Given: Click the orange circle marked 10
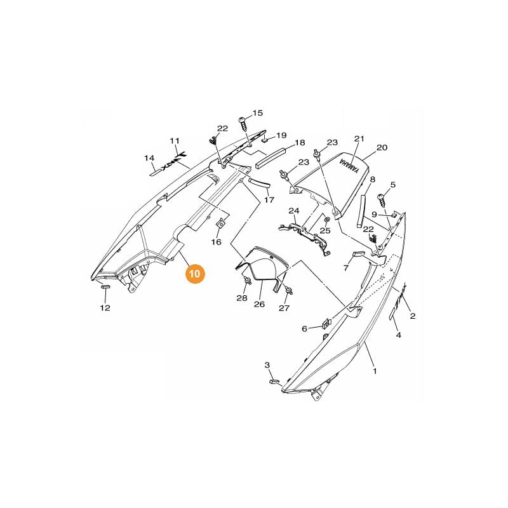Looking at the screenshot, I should pos(195,273).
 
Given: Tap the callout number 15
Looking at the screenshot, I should pos(257,113).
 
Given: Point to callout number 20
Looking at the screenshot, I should pos(382,147).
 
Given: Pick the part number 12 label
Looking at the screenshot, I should pos(105,308).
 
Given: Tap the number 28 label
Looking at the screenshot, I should pos(243,298).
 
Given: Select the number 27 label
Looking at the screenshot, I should pos(284,308).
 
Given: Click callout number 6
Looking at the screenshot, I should pos(304,328).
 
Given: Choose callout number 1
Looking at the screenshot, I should pos(375,371).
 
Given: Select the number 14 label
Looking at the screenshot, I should pos(149,157).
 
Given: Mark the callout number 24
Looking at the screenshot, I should pos(293,210).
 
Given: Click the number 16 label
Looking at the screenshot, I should pos(217,242).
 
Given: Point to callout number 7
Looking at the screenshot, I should pos(347,267).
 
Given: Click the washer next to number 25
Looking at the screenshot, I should pos(326,220).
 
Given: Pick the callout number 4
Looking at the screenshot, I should pos(399,335).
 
